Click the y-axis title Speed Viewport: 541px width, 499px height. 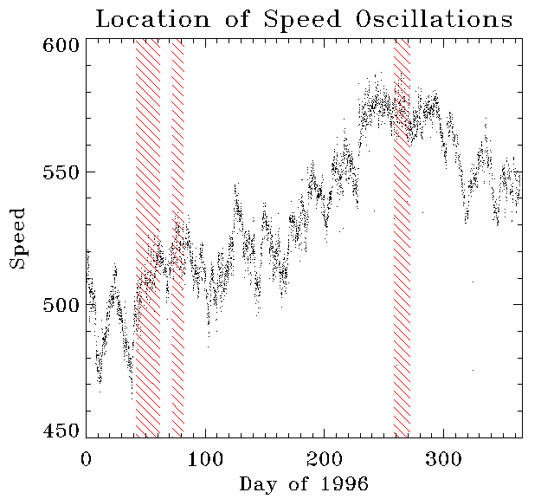pyautogui.click(x=18, y=238)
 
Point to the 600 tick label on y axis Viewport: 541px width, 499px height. pyautogui.click(x=60, y=45)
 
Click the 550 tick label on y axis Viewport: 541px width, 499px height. pyautogui.click(x=60, y=172)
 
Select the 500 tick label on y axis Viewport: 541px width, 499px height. pyautogui.click(x=60, y=304)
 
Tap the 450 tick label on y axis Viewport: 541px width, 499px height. pyautogui.click(x=60, y=431)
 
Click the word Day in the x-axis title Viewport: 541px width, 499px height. pyautogui.click(x=257, y=483)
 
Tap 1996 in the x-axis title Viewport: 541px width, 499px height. pyautogui.click(x=345, y=483)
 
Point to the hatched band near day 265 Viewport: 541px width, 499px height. pyautogui.click(x=402, y=260)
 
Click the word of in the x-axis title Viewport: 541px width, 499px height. pyautogui.click(x=298, y=483)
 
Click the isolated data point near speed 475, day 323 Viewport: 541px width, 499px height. pyautogui.click(x=473, y=370)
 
